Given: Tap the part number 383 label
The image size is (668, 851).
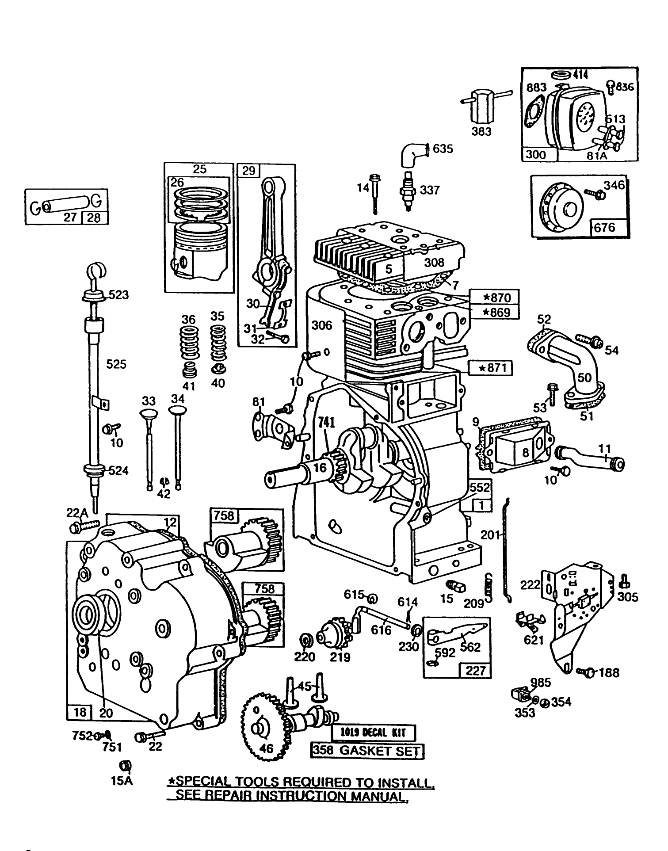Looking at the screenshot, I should tap(481, 131).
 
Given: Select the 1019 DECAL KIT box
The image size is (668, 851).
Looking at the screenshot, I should tap(374, 733).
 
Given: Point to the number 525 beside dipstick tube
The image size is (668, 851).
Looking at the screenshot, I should tap(116, 364).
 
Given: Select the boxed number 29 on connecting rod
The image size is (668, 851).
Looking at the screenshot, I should tap(249, 170).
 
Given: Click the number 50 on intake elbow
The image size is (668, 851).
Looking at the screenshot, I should tap(584, 377).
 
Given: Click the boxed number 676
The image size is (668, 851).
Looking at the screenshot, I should tap(604, 227).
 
